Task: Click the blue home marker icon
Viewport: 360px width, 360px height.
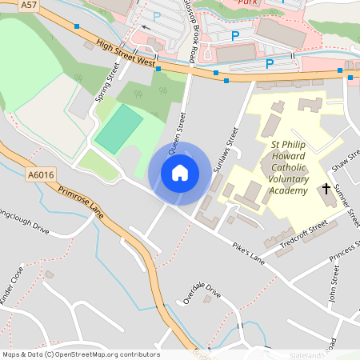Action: (180, 173)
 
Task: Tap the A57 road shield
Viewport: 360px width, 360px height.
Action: (30, 5)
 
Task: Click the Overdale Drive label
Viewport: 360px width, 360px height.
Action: (201, 293)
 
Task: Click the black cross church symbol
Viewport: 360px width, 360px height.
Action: (326, 190)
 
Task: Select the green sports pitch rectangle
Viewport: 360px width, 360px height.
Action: (118, 130)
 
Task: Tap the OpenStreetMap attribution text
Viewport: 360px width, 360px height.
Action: (80, 354)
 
